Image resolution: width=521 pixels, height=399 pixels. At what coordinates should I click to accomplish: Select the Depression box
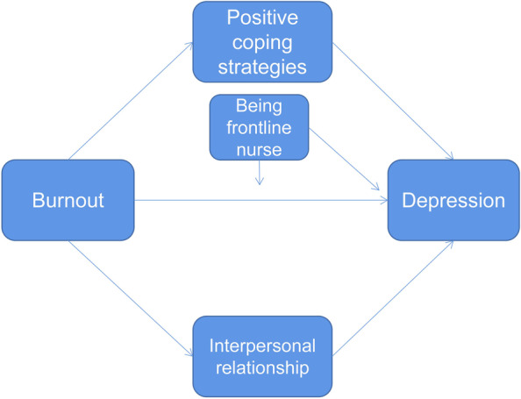(453, 199)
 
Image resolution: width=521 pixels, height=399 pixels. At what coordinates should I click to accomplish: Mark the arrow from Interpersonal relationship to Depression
(393, 298)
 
